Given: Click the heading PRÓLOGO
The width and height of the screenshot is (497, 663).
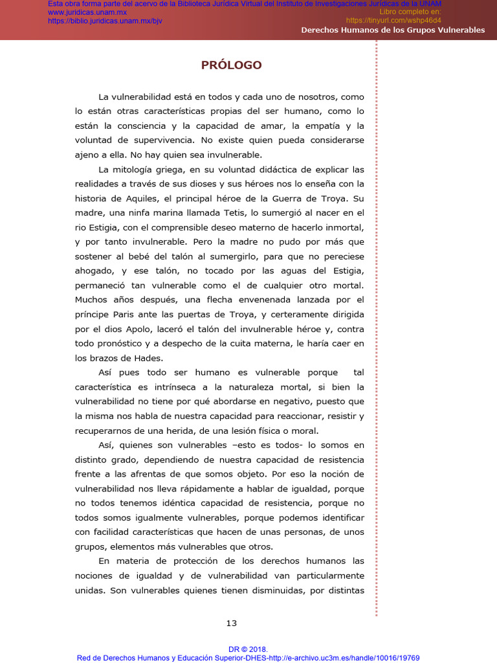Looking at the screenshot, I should (x=231, y=65).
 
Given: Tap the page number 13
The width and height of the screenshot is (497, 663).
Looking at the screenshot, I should (x=232, y=623).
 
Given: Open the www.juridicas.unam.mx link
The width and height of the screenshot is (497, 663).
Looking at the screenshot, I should (x=87, y=12).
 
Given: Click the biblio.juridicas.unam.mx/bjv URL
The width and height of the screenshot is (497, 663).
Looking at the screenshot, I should (x=105, y=21).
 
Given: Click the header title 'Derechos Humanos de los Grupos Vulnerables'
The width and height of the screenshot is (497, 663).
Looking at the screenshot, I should (x=393, y=30).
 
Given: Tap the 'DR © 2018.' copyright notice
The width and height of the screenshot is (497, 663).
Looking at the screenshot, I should (x=248, y=649).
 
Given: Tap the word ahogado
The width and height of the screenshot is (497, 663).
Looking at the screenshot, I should (x=93, y=270).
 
